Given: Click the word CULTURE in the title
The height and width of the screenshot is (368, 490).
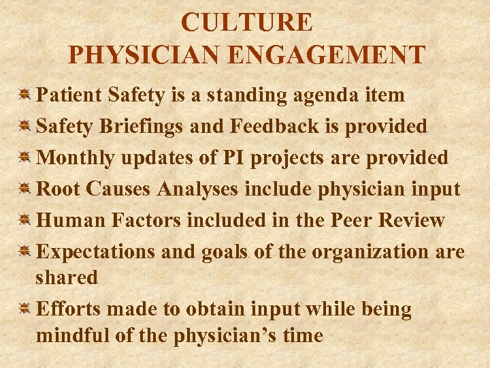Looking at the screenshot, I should coord(247,22).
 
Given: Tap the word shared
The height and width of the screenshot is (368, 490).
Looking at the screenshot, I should coord(67,277).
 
